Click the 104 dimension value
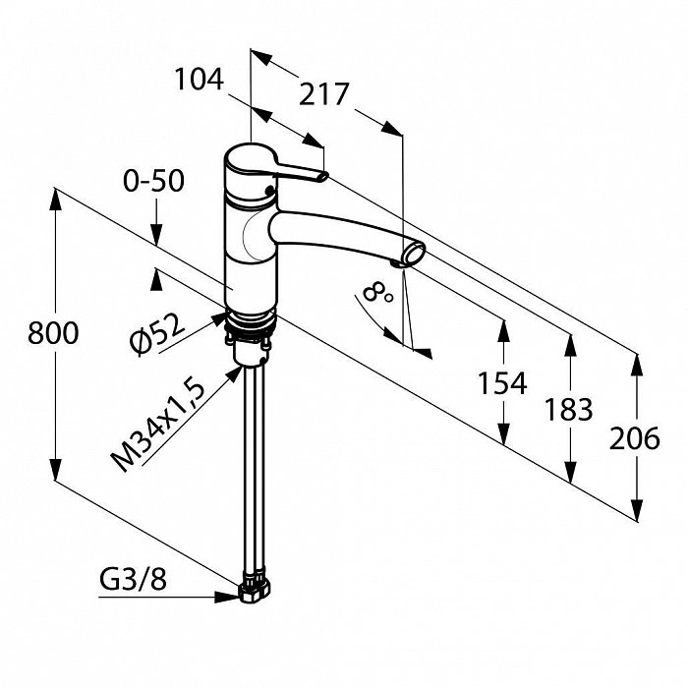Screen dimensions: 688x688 (200, 81)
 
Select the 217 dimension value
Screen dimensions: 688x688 (324, 95)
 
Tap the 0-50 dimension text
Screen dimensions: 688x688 (152, 182)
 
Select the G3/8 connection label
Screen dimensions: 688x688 (134, 581)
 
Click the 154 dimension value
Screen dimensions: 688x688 (501, 383)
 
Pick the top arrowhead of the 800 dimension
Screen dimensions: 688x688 (54, 194)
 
